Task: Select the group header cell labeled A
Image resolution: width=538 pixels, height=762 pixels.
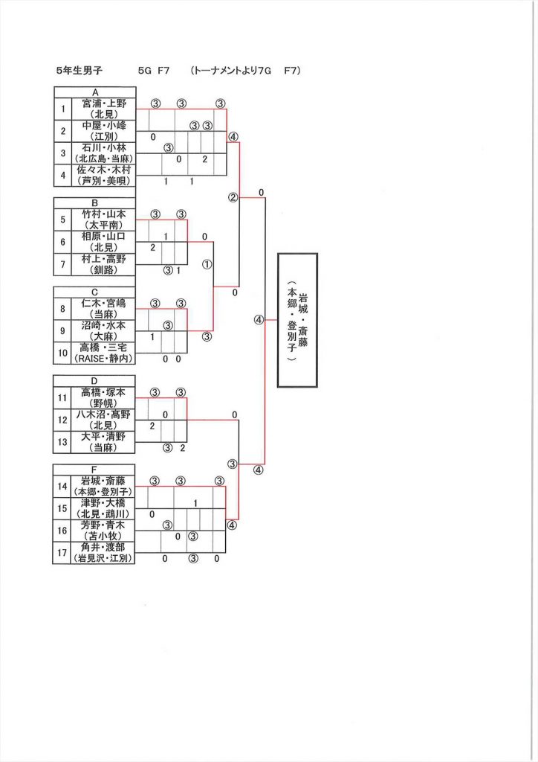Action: [94, 92]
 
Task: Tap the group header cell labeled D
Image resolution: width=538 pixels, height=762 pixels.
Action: [94, 381]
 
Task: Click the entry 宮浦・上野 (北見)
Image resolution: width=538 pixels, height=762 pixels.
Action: [103, 109]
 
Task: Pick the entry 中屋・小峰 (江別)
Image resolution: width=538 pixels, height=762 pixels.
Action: [103, 131]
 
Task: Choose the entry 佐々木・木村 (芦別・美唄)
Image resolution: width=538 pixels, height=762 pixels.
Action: [103, 175]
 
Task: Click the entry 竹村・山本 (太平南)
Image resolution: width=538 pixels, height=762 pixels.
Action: [103, 219]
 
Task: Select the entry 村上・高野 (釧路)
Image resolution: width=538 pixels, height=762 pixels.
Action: [103, 263]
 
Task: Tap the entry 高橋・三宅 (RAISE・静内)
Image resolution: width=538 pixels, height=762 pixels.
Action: [103, 352]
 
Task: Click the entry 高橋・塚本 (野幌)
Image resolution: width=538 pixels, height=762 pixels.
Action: [103, 397]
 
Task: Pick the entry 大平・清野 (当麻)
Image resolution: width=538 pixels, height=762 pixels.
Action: [103, 441]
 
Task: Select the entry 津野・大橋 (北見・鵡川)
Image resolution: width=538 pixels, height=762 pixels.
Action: [103, 508]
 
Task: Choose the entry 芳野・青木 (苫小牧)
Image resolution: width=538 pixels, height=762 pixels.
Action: [103, 530]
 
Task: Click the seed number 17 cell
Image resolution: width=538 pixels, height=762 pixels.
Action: [62, 552]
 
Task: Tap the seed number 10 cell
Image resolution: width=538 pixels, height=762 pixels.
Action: [62, 352]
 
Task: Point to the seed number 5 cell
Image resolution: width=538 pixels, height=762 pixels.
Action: [62, 219]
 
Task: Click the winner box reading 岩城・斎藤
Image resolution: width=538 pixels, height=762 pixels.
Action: [297, 320]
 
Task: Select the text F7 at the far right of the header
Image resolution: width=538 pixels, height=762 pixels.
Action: [291, 71]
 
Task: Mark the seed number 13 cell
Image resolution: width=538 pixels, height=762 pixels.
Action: [62, 441]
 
